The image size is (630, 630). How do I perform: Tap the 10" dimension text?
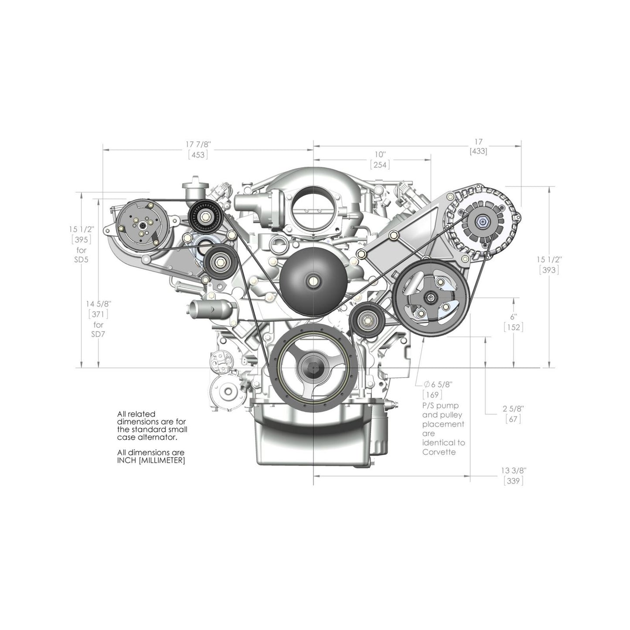coord(380,155)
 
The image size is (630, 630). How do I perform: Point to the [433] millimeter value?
coord(478,152)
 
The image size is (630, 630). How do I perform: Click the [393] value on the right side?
coord(549,270)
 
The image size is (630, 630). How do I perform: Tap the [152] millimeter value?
coord(513,327)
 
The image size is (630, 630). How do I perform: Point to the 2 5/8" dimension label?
coord(513,409)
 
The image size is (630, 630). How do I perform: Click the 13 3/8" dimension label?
coord(514,471)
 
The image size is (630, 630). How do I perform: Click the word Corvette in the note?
coord(439,452)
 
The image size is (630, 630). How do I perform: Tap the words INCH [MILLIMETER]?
coord(151,460)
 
